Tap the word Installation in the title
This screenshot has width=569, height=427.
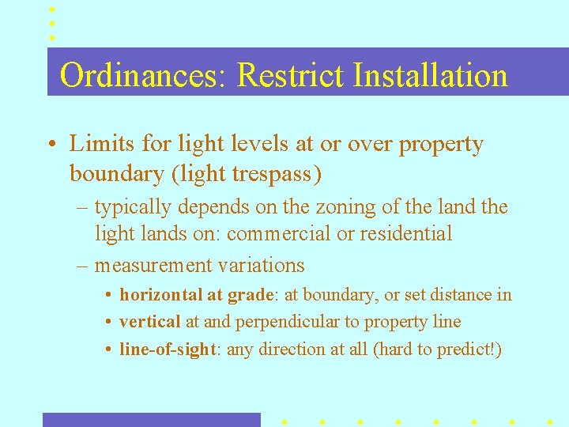(x=431, y=76)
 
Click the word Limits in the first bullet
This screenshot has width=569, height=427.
(x=96, y=144)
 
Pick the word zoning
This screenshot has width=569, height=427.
(x=316, y=207)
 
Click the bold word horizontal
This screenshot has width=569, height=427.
(x=160, y=295)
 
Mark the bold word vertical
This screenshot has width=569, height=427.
(x=149, y=322)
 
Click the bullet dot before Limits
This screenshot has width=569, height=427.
(x=51, y=145)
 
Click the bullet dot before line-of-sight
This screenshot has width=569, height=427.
(x=108, y=350)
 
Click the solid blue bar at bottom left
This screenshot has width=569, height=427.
(x=151, y=419)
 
